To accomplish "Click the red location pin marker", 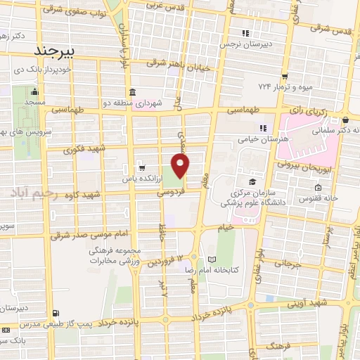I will [181, 166].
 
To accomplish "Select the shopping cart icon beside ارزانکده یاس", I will [142, 168].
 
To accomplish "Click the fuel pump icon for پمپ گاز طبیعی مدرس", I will [55, 314].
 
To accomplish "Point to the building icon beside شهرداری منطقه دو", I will [132, 93].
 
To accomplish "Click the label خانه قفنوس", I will [337, 198].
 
